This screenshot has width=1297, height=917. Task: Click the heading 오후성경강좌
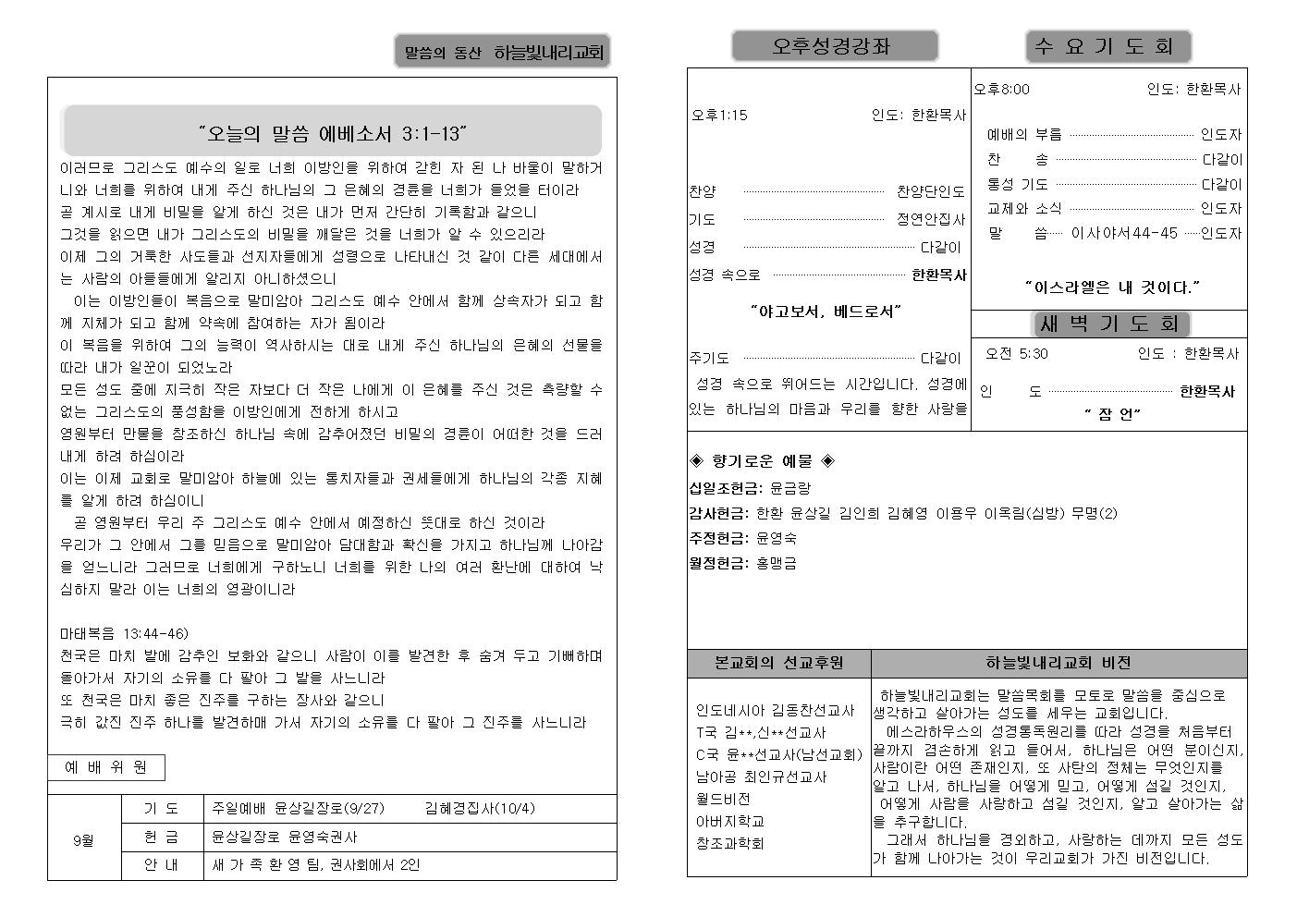[x=834, y=46]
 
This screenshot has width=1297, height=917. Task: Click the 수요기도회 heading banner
[x=1107, y=46]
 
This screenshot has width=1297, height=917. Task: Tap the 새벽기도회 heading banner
[x=1109, y=324]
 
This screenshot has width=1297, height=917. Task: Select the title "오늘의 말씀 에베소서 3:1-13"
[x=332, y=133]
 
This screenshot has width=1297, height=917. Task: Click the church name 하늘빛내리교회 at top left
[x=548, y=53]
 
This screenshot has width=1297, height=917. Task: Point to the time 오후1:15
[x=720, y=116]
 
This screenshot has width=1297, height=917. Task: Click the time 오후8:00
[x=1002, y=90]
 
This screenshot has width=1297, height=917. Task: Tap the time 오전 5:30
[x=1017, y=354]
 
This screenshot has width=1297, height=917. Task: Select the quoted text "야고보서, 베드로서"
[x=826, y=312]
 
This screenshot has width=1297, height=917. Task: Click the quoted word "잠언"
[x=1112, y=414]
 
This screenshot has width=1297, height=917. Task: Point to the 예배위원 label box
[x=106, y=767]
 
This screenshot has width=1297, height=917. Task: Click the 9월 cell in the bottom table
[x=84, y=841]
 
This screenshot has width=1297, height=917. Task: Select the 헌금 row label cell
[x=162, y=837]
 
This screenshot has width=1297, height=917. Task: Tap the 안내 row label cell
[x=162, y=865]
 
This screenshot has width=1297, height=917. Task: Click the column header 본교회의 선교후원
[x=778, y=663]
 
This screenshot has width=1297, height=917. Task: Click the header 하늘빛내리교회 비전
[x=1058, y=663]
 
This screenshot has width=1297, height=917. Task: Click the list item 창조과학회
[x=729, y=843]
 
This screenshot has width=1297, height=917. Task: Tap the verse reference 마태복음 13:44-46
[x=124, y=633]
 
